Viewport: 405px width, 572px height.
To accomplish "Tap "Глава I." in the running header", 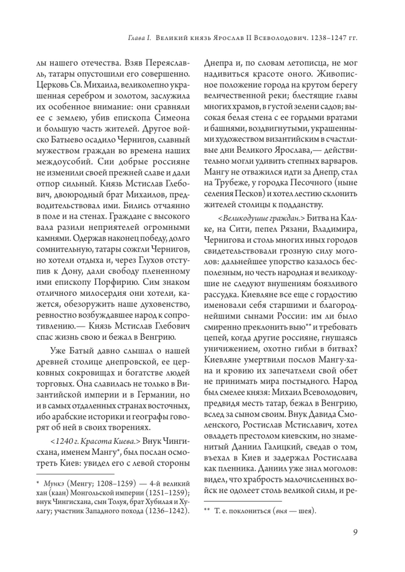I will tap(139, 38).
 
